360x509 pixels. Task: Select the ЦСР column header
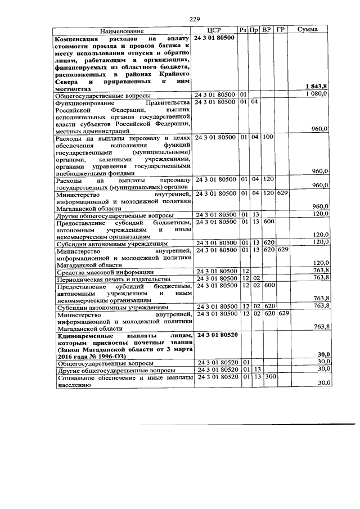tap(216, 30)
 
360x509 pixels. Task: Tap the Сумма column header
tap(308, 29)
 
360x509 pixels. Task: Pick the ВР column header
tap(268, 29)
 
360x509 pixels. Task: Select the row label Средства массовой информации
tap(100, 271)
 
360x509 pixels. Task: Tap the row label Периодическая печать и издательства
tap(112, 279)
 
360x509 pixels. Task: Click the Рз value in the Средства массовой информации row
tap(245, 271)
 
